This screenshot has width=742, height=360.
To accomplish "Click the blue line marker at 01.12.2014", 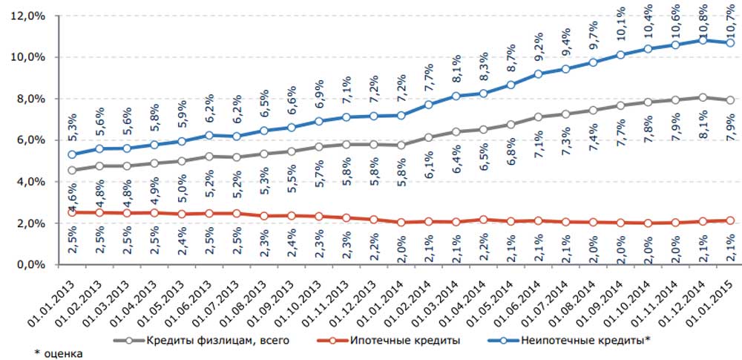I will (704, 40).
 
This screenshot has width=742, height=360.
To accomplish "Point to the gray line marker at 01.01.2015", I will (731, 100).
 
